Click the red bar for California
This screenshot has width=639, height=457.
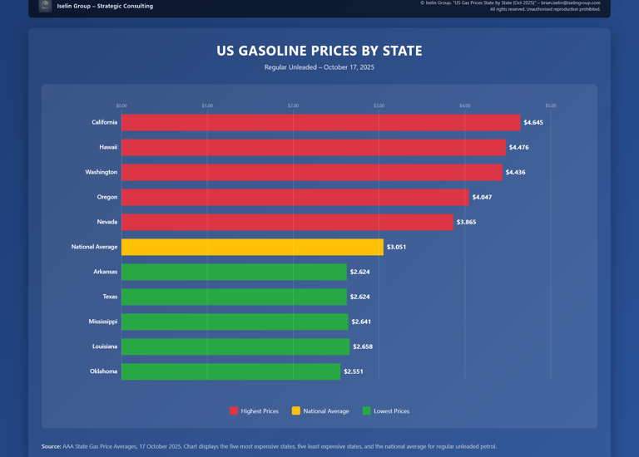tap(320, 122)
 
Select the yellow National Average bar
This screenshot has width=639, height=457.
tap(252, 247)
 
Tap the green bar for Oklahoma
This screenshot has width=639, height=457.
tap(230, 371)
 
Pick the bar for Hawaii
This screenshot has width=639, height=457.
tap(313, 147)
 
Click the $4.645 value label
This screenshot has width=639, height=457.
tap(533, 123)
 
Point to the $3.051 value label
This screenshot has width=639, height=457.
tap(396, 247)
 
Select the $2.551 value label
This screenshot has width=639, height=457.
tap(354, 371)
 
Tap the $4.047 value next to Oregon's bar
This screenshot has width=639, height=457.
tap(482, 197)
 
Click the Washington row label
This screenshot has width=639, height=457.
tap(102, 172)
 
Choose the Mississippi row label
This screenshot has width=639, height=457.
tap(103, 322)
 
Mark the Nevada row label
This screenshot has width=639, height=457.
tap(107, 222)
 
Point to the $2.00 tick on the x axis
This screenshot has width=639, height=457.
tap(293, 106)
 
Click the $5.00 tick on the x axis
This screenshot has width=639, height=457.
tap(551, 106)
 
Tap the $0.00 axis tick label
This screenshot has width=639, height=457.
tap(121, 106)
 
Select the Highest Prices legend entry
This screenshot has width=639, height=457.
tap(254, 411)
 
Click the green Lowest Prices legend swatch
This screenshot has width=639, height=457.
tap(367, 411)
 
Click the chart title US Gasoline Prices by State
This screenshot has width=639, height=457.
tap(319, 51)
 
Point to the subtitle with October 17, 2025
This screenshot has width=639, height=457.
tap(319, 67)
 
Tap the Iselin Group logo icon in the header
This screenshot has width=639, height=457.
tap(45, 6)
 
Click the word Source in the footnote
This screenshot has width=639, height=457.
tap(51, 446)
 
